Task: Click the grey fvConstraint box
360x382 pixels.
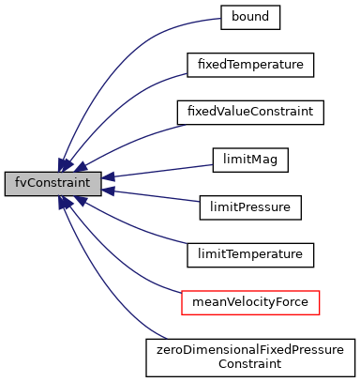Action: coord(52,184)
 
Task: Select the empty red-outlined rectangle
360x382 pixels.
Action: coord(250,302)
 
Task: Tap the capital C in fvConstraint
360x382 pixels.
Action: coord(35,183)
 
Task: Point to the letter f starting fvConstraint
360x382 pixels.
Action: coord(18,183)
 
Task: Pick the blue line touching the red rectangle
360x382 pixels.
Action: coord(131,270)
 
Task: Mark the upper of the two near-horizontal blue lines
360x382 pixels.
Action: coord(159,171)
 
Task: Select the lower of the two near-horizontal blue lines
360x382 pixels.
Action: coord(155,196)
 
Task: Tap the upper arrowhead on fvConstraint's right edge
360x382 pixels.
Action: coord(108,176)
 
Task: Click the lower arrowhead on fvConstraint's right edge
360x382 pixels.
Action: coord(108,191)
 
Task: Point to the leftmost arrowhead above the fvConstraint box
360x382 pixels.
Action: coord(64,165)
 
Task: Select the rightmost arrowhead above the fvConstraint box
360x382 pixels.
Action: coord(82,167)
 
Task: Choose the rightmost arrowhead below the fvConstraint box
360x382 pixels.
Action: coord(82,201)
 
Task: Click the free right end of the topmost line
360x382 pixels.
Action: coord(218,19)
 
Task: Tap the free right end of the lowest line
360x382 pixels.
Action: coord(165,338)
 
